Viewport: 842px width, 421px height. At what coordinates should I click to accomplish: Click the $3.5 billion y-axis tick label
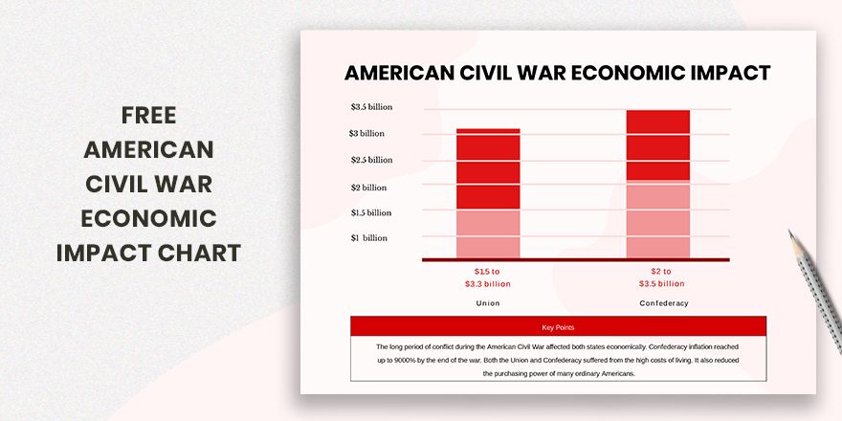(371, 107)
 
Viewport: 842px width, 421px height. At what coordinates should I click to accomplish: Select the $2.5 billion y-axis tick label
(371, 160)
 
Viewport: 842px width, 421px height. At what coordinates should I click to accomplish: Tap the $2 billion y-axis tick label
(368, 188)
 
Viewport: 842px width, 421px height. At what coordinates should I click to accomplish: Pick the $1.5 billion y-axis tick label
(371, 212)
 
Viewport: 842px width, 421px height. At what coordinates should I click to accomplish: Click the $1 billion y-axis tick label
(369, 238)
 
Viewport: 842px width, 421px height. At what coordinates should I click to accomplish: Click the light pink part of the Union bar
(488, 233)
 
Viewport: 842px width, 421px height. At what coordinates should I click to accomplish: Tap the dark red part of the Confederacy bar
(657, 144)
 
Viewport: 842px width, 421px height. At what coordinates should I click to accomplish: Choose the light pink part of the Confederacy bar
(657, 219)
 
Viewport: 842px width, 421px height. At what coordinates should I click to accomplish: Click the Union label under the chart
(488, 303)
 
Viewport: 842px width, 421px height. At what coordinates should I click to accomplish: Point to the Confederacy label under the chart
(663, 303)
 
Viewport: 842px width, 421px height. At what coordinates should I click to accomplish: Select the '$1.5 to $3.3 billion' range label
(488, 277)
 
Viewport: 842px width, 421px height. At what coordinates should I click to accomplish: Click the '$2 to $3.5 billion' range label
(661, 277)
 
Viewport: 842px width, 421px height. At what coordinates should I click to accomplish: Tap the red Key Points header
(558, 327)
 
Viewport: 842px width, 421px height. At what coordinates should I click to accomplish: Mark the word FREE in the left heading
(148, 116)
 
